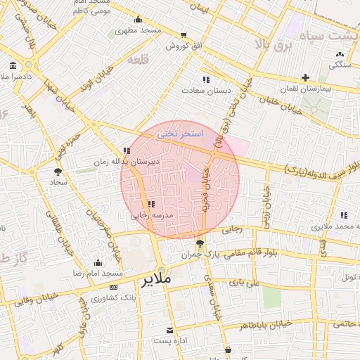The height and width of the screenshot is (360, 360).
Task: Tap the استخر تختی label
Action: coord(179,133)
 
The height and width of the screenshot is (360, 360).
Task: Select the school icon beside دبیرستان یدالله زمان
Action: coord(127,150)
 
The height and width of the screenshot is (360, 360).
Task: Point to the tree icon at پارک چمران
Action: coord(201,244)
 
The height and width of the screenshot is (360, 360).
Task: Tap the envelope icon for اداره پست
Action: coord(169,330)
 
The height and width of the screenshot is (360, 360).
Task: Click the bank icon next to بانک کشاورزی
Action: coord(114,288)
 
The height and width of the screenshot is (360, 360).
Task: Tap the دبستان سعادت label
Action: coord(201,90)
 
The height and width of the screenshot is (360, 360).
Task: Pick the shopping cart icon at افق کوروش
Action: coord(184,35)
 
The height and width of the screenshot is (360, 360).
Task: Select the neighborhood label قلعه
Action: coord(139,60)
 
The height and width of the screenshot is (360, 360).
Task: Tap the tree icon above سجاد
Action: coord(58,171)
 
